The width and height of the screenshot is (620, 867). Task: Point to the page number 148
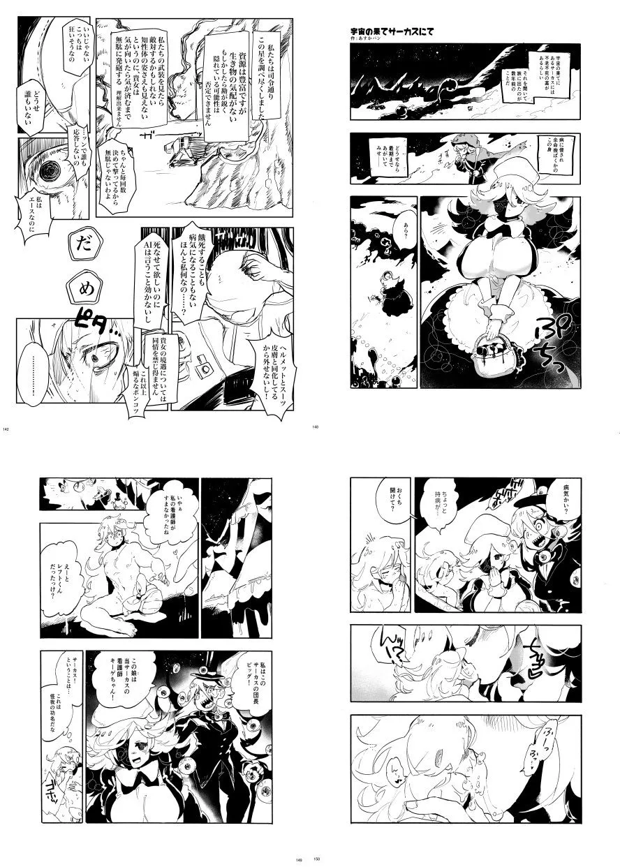click(316, 429)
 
